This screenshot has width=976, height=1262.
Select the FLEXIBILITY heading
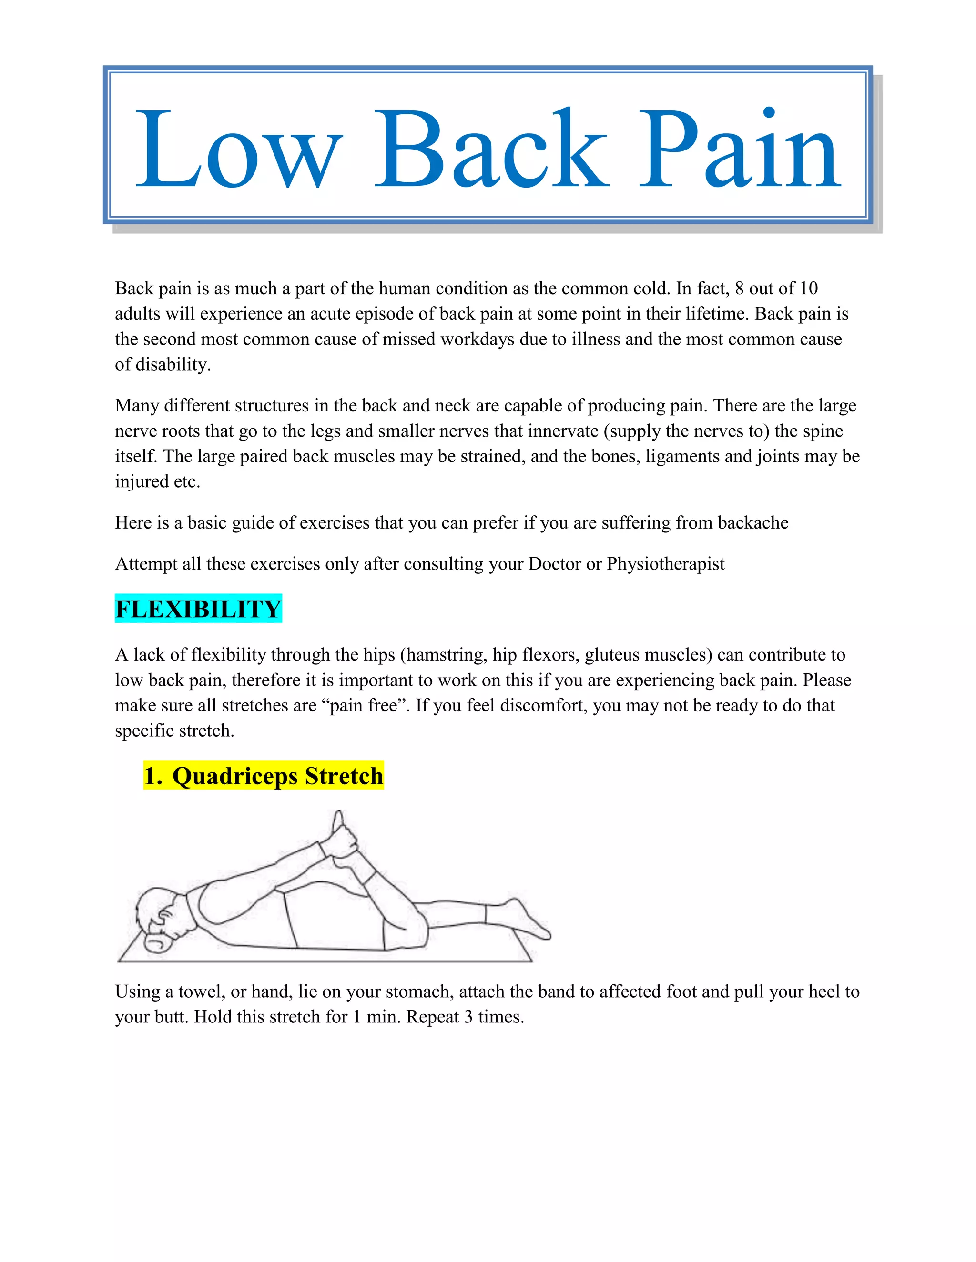pyautogui.click(x=198, y=609)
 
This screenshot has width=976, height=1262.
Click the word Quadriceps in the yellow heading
pyautogui.click(x=234, y=776)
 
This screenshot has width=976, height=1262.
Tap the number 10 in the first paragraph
pyautogui.click(x=808, y=288)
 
